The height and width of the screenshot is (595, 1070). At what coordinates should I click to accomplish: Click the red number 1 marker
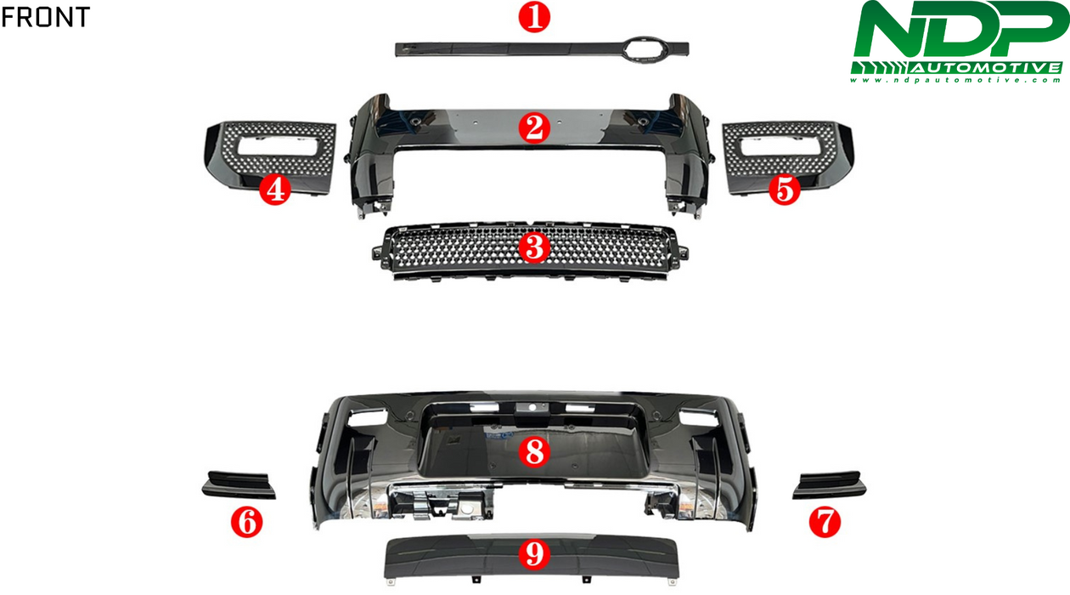tap(534, 17)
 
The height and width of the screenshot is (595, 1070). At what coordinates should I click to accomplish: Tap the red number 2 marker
tap(534, 128)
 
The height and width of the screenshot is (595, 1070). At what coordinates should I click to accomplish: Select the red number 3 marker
tap(534, 247)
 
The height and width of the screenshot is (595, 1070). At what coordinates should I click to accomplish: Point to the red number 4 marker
tap(275, 190)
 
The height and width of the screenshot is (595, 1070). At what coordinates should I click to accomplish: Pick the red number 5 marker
tap(785, 190)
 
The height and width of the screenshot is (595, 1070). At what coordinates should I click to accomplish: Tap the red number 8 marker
tap(534, 452)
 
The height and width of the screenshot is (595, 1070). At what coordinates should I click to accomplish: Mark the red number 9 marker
tap(534, 554)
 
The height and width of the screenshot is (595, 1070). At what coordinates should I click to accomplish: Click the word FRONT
tap(46, 17)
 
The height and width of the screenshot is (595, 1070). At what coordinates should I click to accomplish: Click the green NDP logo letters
tap(960, 30)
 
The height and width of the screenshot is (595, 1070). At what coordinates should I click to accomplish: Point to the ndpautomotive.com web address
tap(956, 80)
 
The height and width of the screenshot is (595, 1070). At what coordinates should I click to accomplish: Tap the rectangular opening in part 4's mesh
tap(278, 146)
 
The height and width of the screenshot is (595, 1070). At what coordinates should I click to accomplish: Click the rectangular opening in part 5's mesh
tap(781, 146)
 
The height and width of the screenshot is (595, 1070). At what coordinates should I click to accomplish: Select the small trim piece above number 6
tap(239, 485)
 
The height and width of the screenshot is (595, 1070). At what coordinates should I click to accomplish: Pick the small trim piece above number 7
tap(829, 485)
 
